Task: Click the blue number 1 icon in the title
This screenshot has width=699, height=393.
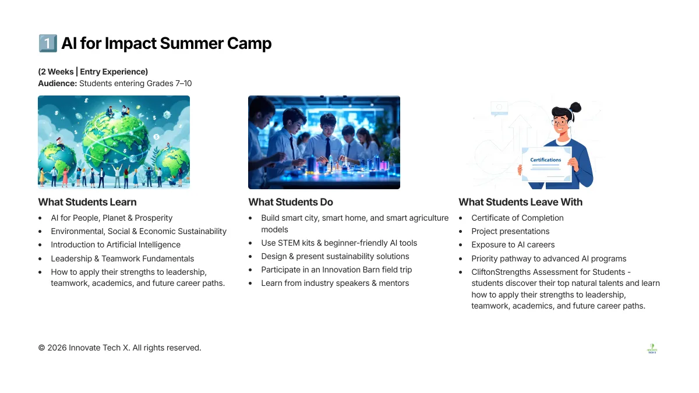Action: [48, 43]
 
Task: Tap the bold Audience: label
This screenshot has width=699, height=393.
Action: [58, 84]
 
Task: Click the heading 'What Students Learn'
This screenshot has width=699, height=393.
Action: [87, 202]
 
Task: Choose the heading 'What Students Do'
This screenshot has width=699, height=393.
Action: [291, 202]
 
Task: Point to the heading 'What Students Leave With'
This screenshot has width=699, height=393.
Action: [521, 202]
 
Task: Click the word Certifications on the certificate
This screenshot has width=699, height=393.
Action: [545, 160]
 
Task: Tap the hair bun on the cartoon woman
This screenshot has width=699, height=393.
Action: [575, 107]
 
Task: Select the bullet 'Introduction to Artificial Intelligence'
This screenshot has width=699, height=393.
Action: [115, 245]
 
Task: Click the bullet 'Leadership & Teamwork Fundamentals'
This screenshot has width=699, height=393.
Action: [122, 259]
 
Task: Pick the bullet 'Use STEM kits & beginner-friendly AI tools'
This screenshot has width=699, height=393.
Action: [339, 243]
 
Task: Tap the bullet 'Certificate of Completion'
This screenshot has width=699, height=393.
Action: [517, 218]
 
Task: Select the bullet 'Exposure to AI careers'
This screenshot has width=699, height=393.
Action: [513, 245]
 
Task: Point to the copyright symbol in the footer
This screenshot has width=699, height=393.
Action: [41, 348]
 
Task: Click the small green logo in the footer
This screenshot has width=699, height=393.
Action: [652, 348]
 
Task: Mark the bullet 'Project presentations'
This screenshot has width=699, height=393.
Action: [510, 232]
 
